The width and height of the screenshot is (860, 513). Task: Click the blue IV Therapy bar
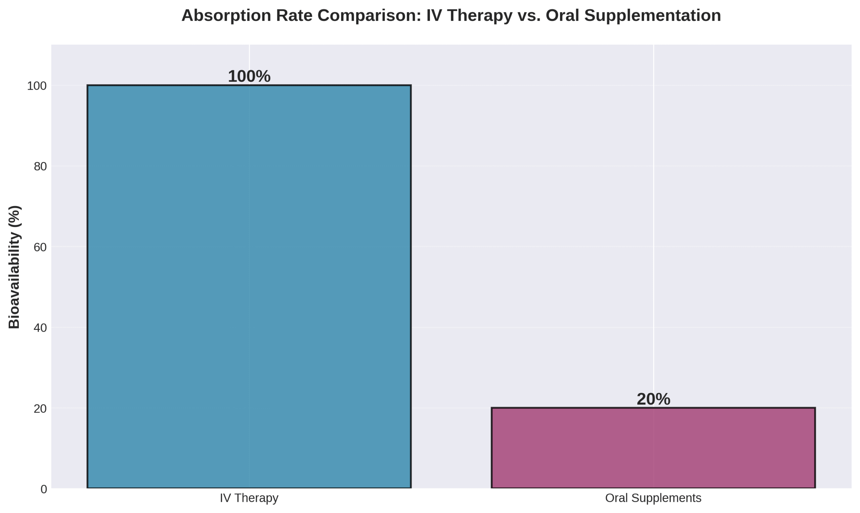pos(249,287)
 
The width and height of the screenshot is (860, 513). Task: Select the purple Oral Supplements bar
pos(653,448)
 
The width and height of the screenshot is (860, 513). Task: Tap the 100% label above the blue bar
pos(249,76)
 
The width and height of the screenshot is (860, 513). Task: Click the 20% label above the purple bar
pos(653,399)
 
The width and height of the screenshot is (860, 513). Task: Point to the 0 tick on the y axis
pos(44,489)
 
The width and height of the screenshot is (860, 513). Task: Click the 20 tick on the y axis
pos(40,408)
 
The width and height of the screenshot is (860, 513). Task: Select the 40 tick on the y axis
pos(40,328)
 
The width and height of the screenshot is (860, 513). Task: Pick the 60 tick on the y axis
pos(40,247)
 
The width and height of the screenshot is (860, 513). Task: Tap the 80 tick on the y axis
pos(40,166)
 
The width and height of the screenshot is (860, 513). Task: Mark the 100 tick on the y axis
pos(37,86)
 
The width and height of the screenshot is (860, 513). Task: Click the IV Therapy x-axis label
pos(249,498)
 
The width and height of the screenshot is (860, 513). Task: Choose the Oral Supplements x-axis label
pos(653,498)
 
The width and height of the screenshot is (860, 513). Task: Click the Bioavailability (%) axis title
pos(14,267)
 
